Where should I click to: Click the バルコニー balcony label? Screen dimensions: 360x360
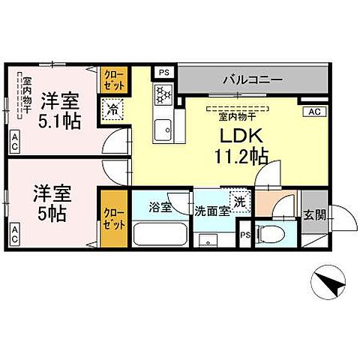point(251,78)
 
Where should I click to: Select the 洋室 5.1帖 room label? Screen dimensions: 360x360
point(61,109)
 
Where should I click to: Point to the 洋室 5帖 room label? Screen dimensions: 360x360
point(51,202)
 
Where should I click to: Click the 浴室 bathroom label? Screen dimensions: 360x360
point(160,208)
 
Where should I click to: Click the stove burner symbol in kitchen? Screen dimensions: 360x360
point(163,95)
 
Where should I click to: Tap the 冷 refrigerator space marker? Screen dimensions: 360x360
point(112,109)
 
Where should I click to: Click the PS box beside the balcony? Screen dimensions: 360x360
point(164,72)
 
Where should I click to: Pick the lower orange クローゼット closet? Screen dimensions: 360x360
point(112,219)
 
